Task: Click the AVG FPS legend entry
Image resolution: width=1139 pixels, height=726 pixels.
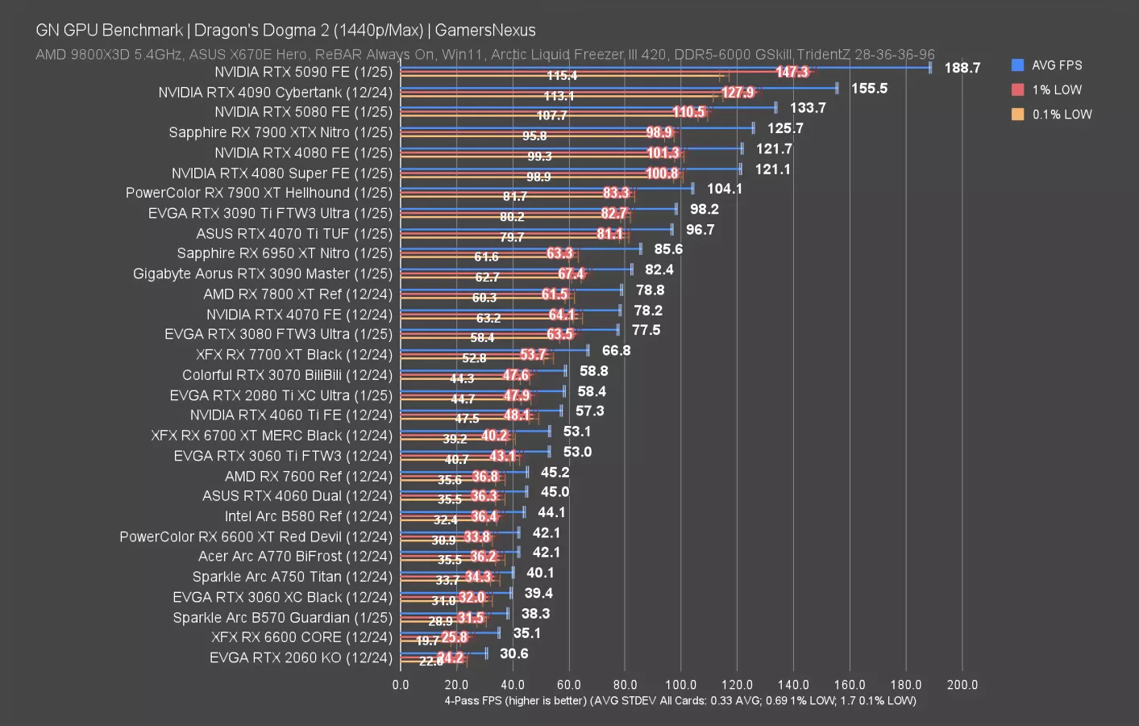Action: pyautogui.click(x=1056, y=65)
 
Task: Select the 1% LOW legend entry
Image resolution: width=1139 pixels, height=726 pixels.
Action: pyautogui.click(x=1056, y=90)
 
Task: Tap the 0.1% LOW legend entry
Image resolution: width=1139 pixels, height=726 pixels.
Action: pyautogui.click(x=1061, y=115)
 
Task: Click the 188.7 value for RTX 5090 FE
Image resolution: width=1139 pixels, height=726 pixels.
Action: pyautogui.click(x=962, y=68)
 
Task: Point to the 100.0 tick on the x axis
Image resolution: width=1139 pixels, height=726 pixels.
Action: pyautogui.click(x=681, y=685)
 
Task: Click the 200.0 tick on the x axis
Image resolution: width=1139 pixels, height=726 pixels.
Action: pyautogui.click(x=962, y=685)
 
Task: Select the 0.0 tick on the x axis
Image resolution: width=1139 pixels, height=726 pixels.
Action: pyautogui.click(x=401, y=685)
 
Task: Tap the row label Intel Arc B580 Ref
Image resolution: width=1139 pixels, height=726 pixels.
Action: pyautogui.click(x=308, y=516)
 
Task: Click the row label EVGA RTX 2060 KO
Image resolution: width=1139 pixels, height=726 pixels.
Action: pyautogui.click(x=301, y=657)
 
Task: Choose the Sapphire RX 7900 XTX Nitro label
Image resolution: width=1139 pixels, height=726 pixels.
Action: pyautogui.click(x=280, y=132)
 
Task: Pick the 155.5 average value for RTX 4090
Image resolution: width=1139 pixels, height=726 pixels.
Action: pyautogui.click(x=869, y=88)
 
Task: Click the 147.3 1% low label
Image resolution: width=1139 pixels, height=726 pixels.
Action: pyautogui.click(x=792, y=72)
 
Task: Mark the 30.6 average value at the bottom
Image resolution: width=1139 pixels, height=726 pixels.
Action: pyautogui.click(x=514, y=653)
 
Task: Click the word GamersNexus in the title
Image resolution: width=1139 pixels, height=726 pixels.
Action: pyautogui.click(x=485, y=31)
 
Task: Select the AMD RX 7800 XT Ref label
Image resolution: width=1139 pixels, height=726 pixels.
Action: pyautogui.click(x=297, y=294)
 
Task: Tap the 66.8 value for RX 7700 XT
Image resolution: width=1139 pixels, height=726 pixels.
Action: pyautogui.click(x=616, y=351)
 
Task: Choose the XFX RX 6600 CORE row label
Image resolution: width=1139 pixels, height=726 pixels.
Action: pyautogui.click(x=301, y=637)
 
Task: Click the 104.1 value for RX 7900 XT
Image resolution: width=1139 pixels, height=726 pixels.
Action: pyautogui.click(x=725, y=189)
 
